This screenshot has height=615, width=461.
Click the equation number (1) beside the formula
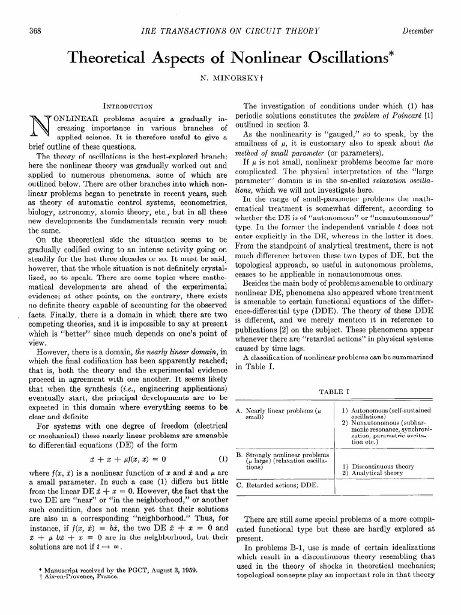coord(223,461)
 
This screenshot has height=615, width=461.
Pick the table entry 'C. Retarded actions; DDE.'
coord(277,484)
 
